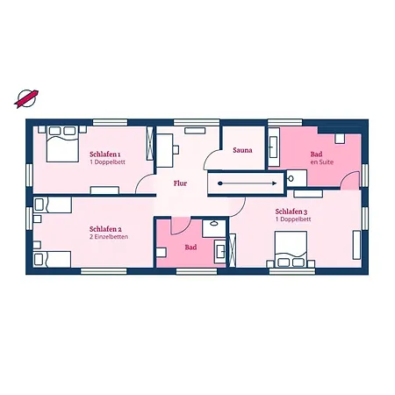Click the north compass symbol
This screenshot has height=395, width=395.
tap(26, 98)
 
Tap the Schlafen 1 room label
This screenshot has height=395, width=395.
tap(105, 154)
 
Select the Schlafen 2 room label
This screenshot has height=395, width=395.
tap(105, 229)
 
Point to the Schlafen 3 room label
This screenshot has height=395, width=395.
tap(291, 212)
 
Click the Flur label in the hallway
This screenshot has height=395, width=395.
tap(180, 183)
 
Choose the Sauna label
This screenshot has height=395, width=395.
tap(242, 150)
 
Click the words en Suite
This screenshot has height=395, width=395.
tap(322, 162)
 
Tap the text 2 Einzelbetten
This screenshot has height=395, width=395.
tap(109, 237)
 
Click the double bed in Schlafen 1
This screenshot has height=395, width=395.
tap(62, 144)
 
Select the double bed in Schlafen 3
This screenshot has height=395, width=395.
tap(291, 249)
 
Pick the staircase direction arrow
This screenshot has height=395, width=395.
tap(248, 183)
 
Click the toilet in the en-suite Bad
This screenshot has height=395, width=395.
tap(297, 178)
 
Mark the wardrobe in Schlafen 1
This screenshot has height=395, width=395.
tap(150, 143)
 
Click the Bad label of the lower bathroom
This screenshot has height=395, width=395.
tap(190, 248)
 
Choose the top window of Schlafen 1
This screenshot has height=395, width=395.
tap(110, 122)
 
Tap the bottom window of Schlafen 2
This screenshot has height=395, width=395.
tap(104, 271)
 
